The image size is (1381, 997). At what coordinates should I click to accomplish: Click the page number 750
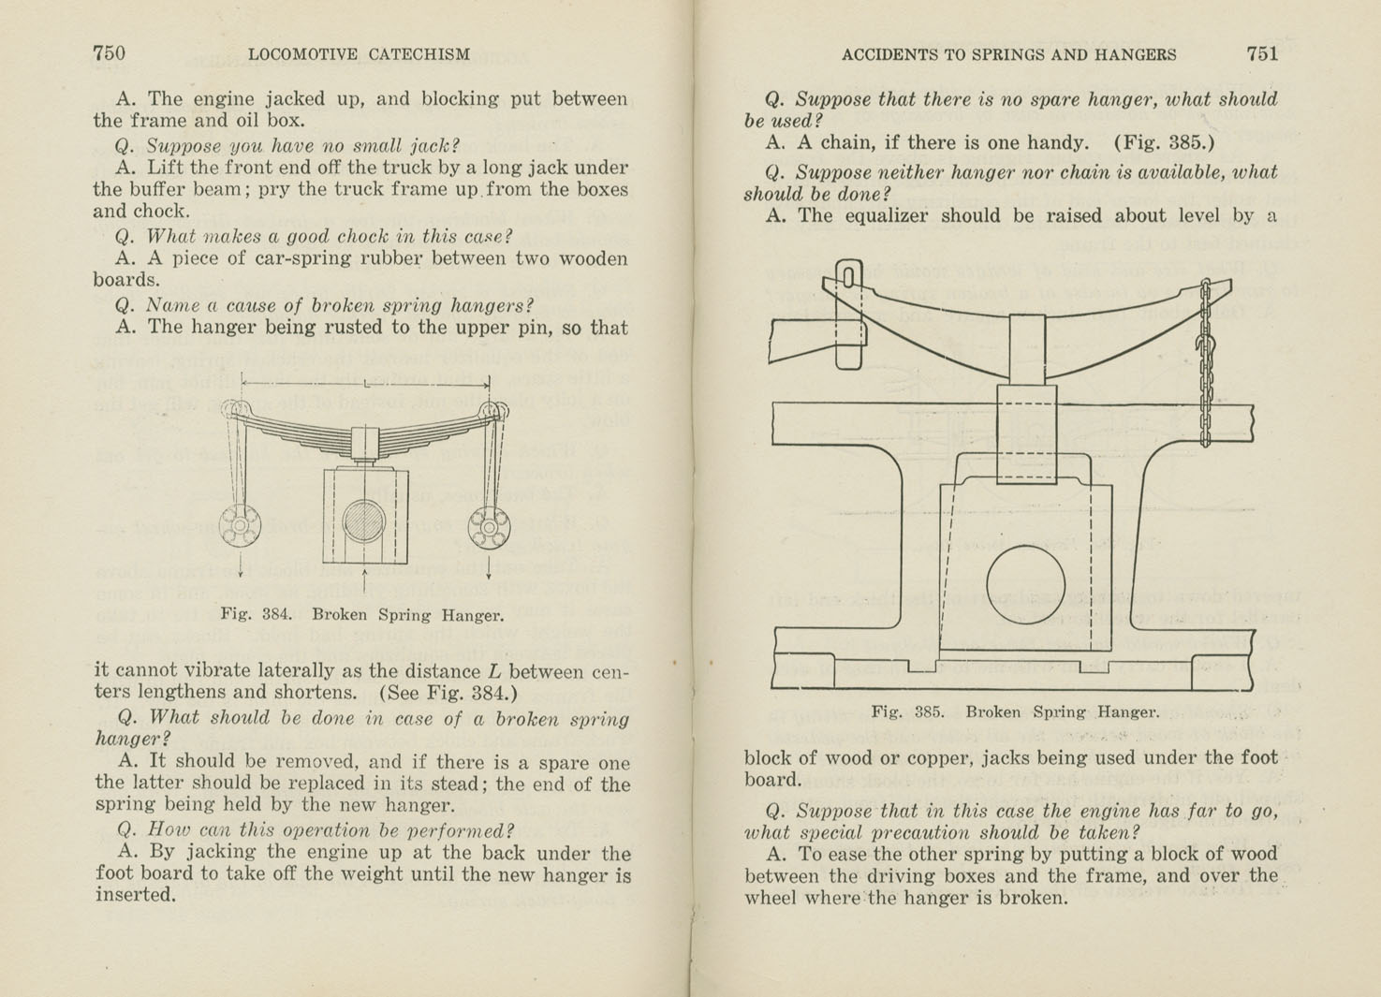point(109,53)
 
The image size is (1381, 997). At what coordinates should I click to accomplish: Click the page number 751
point(1261,53)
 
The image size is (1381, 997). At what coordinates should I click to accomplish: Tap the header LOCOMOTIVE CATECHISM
point(359,54)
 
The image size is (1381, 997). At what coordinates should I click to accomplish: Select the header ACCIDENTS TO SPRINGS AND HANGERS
point(1008,54)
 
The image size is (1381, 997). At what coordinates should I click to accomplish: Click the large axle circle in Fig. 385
point(1025,584)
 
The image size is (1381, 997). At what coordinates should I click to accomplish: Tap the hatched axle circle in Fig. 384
point(364,522)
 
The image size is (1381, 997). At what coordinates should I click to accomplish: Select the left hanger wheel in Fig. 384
point(240,526)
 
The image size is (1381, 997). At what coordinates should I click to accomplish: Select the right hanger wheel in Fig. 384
point(489,528)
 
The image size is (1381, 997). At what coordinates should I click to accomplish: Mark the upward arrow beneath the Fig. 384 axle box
point(364,579)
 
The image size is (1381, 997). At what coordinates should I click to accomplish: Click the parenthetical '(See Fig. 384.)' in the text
point(448,694)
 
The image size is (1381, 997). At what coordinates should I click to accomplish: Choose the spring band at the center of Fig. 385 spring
point(1027,348)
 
